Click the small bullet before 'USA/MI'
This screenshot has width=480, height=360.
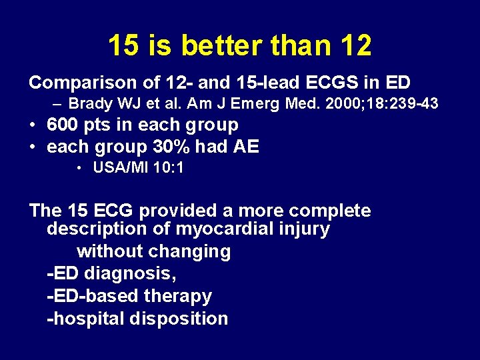[79, 169]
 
